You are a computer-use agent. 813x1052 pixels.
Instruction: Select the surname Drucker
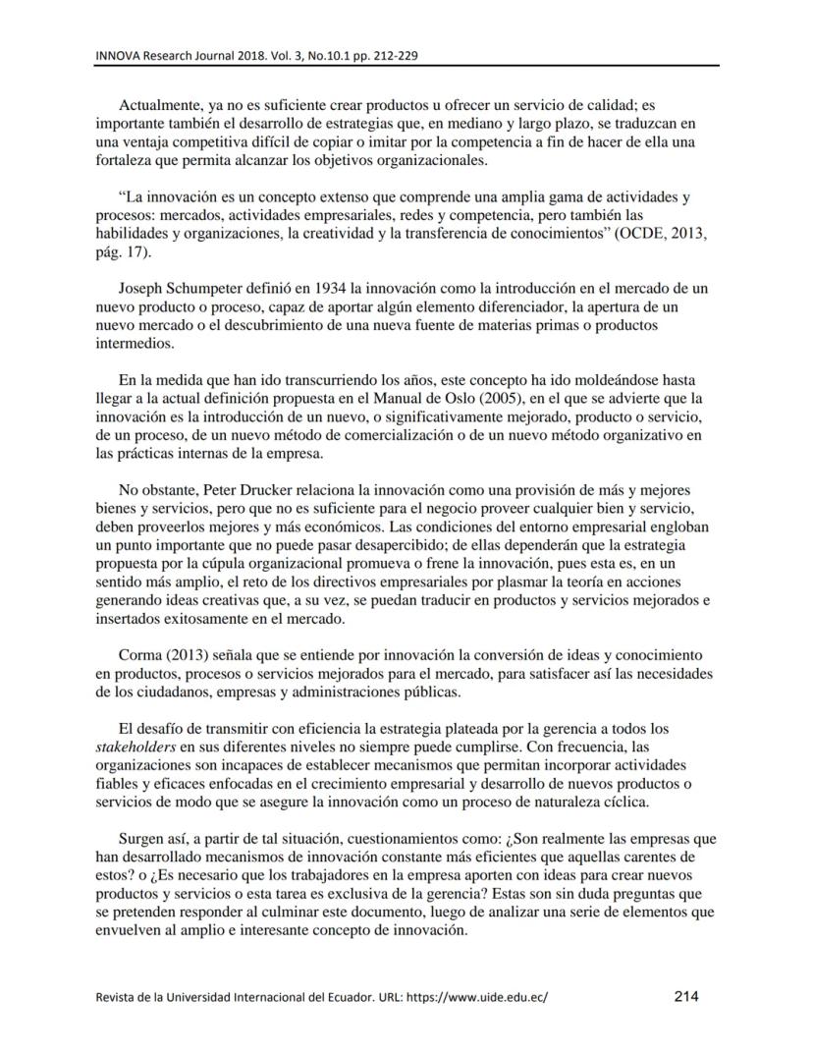tap(258, 489)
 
